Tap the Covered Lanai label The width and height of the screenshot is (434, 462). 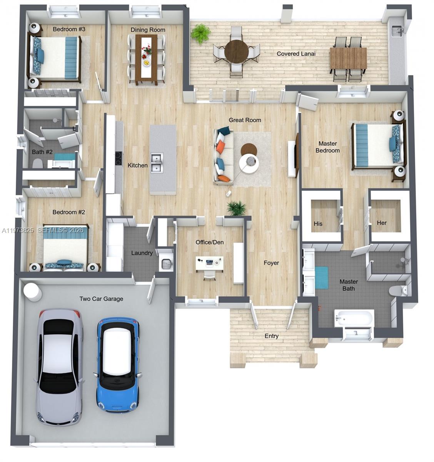[296, 54]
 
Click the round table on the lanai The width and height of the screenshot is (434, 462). [236, 51]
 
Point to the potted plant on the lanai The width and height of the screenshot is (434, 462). [200, 33]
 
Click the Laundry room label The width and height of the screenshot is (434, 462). [142, 253]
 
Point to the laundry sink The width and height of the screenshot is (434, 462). [167, 264]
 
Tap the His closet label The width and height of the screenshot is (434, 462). [318, 223]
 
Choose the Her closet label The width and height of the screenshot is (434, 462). [382, 223]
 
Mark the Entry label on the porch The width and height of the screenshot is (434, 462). [271, 336]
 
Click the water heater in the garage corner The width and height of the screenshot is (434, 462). [32, 291]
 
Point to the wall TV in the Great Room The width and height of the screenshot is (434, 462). [297, 156]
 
